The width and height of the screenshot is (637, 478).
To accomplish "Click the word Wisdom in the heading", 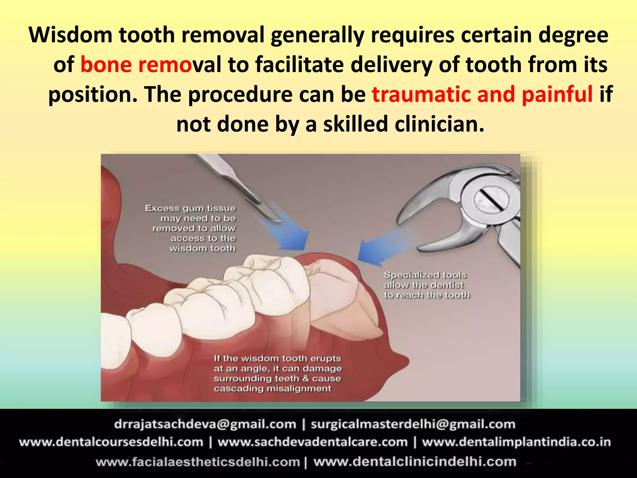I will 70,35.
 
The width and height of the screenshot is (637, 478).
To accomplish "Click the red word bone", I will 106,65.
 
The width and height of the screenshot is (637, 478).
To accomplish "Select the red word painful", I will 557,94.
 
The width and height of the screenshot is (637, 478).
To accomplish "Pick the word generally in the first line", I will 317,35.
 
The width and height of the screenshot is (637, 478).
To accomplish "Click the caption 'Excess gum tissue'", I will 190,208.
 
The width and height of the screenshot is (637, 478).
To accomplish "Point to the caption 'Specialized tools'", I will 425,275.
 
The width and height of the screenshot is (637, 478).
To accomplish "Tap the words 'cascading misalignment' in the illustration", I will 272,389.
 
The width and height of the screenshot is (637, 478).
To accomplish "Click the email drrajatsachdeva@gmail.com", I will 205,424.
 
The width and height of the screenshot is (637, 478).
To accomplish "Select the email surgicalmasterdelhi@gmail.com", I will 413,424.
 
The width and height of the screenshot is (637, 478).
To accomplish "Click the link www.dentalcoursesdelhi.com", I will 111,442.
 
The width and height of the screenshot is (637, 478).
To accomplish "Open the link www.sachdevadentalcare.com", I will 313,442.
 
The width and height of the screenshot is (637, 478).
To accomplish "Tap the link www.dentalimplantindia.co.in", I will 516,442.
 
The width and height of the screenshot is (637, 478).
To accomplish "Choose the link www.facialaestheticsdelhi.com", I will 198,462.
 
